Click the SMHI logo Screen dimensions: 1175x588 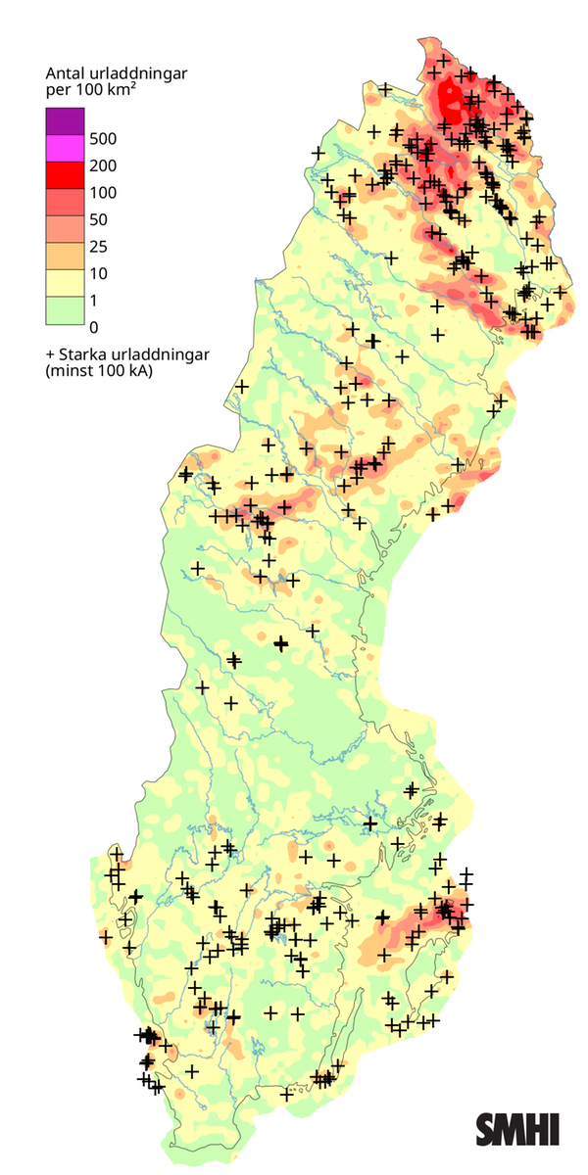[517, 1129]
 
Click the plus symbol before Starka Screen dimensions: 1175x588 [49, 354]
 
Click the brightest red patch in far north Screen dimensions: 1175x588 [451, 98]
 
